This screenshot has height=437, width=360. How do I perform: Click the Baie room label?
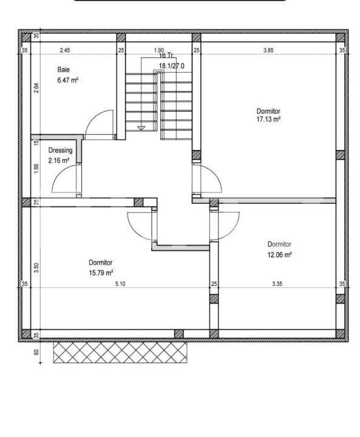(64, 70)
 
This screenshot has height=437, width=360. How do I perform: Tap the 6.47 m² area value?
(68, 80)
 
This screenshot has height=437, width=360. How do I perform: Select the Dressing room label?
(60, 151)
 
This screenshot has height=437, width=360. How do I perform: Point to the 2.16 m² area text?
(59, 160)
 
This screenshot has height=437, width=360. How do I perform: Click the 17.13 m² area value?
(268, 120)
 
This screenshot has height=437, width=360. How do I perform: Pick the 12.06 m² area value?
(280, 255)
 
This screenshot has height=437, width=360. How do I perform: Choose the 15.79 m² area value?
(101, 273)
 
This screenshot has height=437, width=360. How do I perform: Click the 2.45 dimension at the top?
(65, 50)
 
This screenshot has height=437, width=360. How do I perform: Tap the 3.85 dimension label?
(268, 50)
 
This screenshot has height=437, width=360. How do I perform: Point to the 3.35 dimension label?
(277, 283)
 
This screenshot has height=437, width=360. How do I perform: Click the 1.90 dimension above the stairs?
(158, 50)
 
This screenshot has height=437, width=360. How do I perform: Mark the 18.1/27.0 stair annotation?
(172, 65)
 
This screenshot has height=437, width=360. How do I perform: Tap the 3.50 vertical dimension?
(36, 267)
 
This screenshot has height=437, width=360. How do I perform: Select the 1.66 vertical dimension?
(36, 169)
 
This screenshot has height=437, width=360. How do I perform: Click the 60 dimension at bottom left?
(36, 351)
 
